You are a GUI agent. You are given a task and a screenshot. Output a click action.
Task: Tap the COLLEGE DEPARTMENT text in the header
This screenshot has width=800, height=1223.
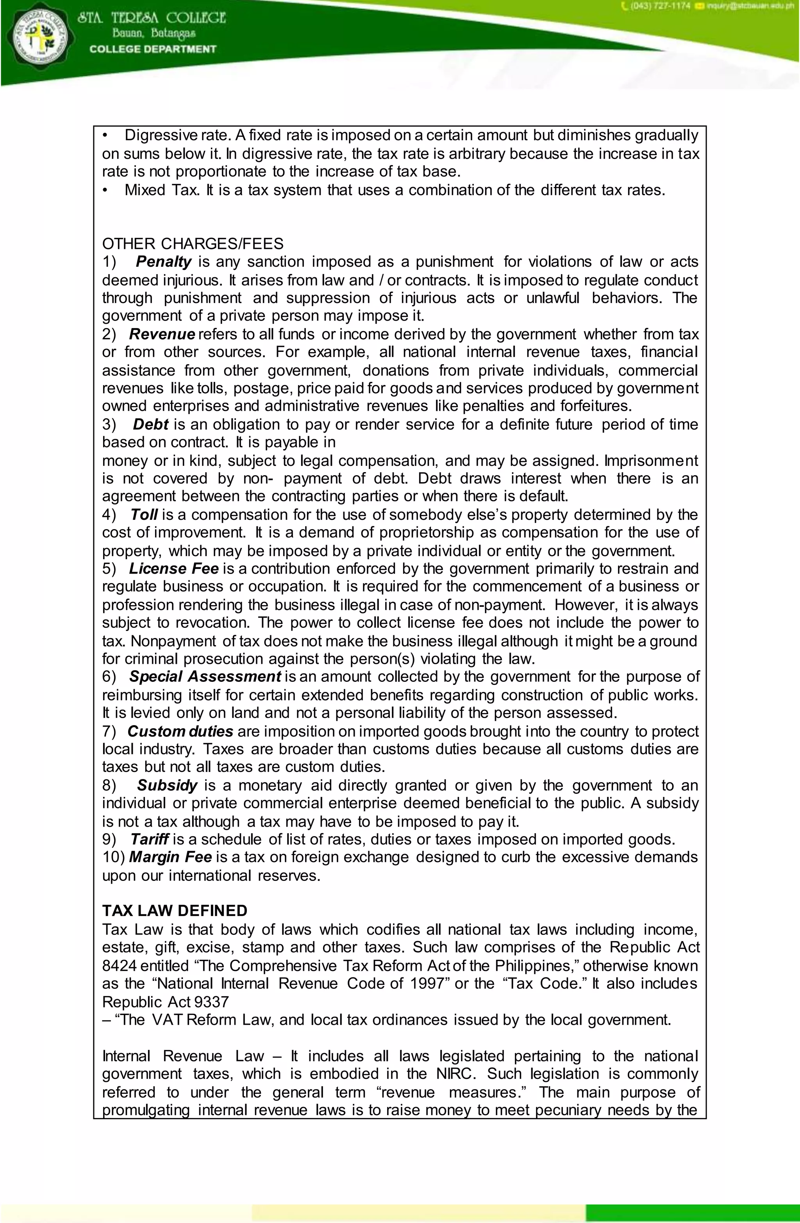pyautogui.click(x=153, y=49)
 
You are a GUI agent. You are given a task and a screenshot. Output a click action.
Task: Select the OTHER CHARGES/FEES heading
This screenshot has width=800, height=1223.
pyautogui.click(x=193, y=244)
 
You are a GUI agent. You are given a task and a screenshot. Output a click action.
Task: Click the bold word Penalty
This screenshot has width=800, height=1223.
pyautogui.click(x=164, y=262)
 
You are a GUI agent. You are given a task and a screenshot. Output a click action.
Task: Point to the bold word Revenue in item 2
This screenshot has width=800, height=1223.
pyautogui.click(x=162, y=335)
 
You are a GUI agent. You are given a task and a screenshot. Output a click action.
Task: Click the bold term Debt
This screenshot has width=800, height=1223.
pyautogui.click(x=151, y=424)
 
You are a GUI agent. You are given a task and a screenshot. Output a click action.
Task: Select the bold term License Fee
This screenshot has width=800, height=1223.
pyautogui.click(x=174, y=569)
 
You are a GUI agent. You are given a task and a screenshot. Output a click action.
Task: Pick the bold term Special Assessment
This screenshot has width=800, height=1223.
pyautogui.click(x=205, y=677)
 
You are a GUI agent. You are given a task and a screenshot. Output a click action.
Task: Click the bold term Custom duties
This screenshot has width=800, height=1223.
pyautogui.click(x=180, y=731)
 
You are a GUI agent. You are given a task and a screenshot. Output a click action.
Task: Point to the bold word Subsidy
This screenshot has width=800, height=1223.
pyautogui.click(x=167, y=785)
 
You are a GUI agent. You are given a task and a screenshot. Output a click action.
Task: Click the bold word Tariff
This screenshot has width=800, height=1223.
pyautogui.click(x=149, y=840)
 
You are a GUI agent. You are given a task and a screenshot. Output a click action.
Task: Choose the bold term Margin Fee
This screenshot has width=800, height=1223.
pyautogui.click(x=170, y=857)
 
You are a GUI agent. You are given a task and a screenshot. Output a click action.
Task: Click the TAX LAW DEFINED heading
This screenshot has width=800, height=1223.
pyautogui.click(x=175, y=911)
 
